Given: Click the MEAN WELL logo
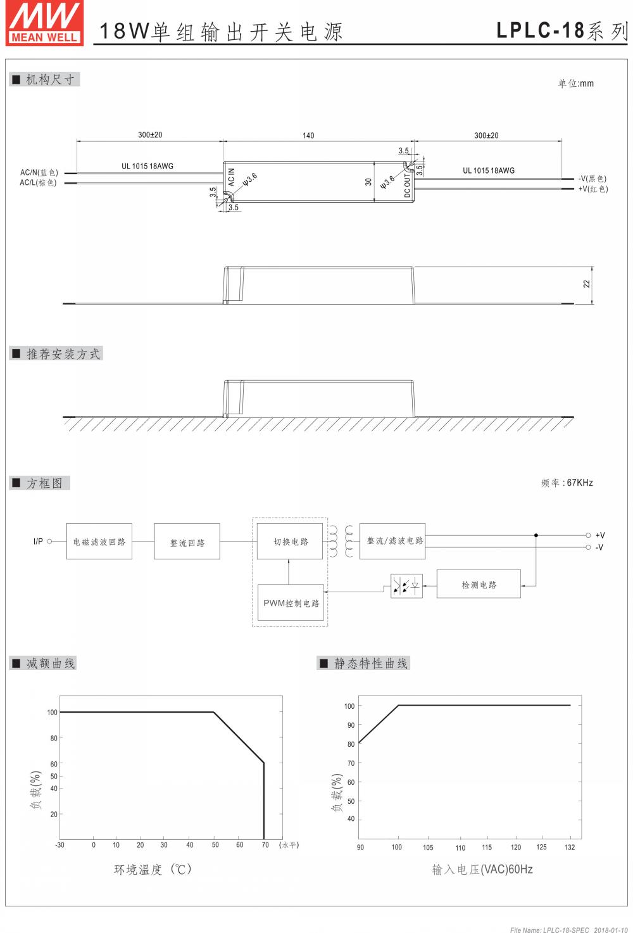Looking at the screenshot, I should (44, 23).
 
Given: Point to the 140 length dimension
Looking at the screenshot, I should (308, 136).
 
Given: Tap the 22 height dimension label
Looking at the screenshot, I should (587, 284).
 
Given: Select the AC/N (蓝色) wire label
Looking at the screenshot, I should (39, 172).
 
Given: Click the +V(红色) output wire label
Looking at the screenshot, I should (592, 189).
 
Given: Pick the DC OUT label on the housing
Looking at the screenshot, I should (408, 185).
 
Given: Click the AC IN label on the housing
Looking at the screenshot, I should (232, 177).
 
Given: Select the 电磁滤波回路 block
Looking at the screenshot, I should (99, 542).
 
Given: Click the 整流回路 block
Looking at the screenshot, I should (187, 542).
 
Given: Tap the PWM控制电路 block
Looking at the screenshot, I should (291, 603).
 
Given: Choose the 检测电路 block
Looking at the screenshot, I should (479, 584).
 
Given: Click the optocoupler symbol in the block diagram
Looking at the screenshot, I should (406, 585).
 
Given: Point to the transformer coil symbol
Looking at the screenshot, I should (341, 540).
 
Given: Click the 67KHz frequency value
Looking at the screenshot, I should (580, 483).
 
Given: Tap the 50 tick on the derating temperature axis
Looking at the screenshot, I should (215, 844).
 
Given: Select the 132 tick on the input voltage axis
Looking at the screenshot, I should (570, 847).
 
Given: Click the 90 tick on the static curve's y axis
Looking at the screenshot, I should (351, 725).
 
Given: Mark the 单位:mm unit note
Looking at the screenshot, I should (575, 84).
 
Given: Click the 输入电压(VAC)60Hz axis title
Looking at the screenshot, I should (482, 870).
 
